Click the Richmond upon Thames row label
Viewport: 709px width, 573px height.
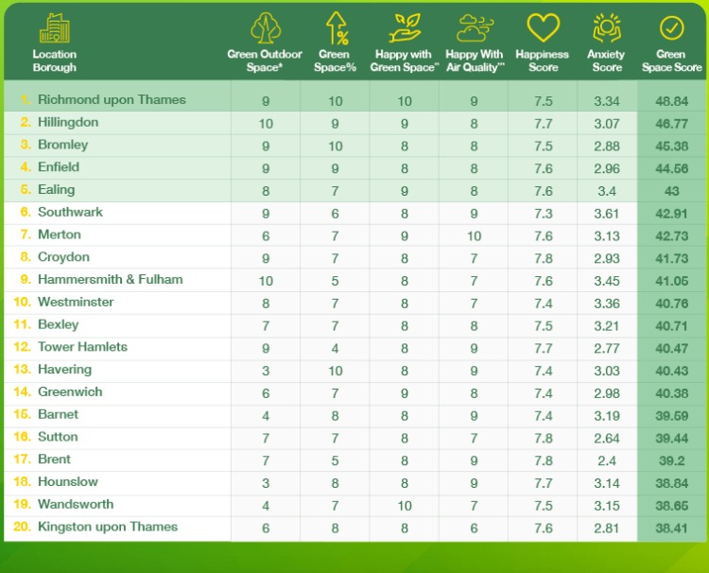[x=112, y=99]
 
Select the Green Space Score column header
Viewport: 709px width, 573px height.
[x=671, y=61]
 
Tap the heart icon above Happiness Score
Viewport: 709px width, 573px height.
[x=543, y=29]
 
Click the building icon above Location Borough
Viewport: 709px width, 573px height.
[x=54, y=28]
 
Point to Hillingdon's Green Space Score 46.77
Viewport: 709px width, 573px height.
[x=671, y=122]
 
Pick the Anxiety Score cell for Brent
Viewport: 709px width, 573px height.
[x=606, y=460]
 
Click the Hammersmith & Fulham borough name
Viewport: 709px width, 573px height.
[x=110, y=279]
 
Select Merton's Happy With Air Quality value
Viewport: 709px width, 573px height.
[x=474, y=234]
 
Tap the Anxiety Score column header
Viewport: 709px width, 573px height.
[x=607, y=61]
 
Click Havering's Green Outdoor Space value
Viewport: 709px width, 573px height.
[x=266, y=370]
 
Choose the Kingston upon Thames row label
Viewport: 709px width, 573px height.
[x=107, y=527]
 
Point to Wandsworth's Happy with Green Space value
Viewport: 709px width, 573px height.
[x=405, y=505]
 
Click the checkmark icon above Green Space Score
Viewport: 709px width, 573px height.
[x=671, y=27]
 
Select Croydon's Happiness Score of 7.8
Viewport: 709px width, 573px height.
[x=543, y=257]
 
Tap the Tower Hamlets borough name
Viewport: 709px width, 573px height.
[x=82, y=347]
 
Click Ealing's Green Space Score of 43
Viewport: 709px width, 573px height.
[x=671, y=190]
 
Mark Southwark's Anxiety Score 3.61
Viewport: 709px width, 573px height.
[x=606, y=212]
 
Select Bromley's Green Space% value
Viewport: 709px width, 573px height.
[x=336, y=145]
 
